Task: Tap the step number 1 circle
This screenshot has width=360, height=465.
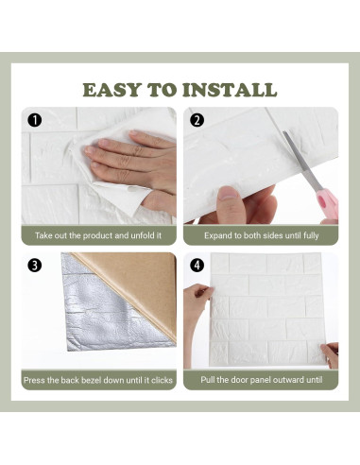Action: pyautogui.click(x=35, y=119)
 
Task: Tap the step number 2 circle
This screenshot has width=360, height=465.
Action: pyautogui.click(x=197, y=119)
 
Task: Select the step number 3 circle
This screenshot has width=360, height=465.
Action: pyautogui.click(x=35, y=266)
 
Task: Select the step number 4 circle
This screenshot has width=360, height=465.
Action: pyautogui.click(x=197, y=266)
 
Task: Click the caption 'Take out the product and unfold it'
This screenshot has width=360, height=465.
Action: pyautogui.click(x=98, y=235)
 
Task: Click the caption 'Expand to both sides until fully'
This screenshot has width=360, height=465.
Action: pyautogui.click(x=260, y=235)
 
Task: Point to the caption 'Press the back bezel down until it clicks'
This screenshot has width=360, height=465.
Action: pyautogui.click(x=98, y=380)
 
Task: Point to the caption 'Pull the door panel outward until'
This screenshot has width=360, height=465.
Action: pyautogui.click(x=260, y=380)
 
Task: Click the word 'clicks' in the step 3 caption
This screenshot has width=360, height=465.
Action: pyautogui.click(x=158, y=380)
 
